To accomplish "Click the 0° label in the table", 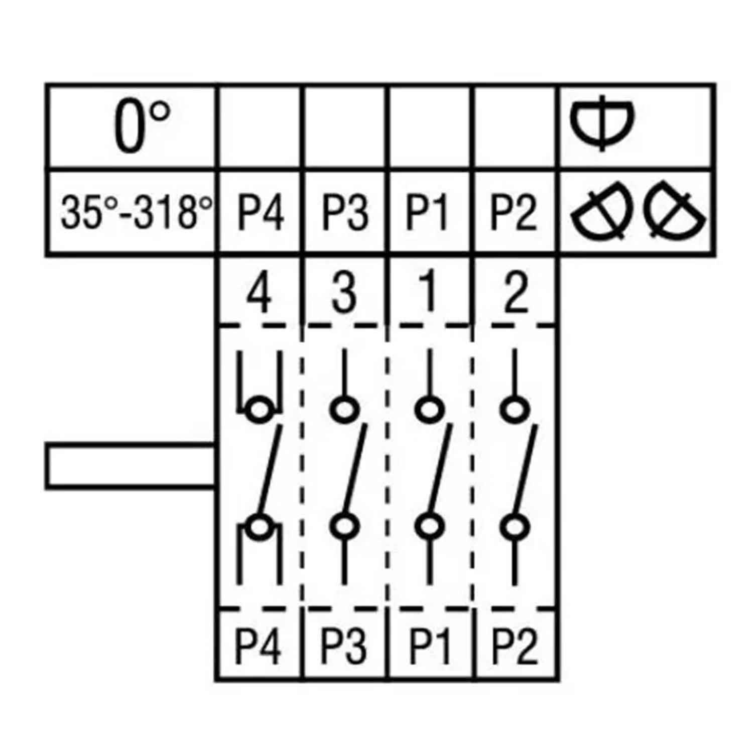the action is (142, 127).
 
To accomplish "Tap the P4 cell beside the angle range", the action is (260, 212).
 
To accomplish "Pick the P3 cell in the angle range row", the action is (345, 212).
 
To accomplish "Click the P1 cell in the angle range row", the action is (427, 212).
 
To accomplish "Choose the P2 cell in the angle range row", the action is (513, 212).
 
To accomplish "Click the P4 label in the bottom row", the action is (259, 646).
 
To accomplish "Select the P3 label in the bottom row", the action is (343, 646).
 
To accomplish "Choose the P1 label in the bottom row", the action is (430, 646).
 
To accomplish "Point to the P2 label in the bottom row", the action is (514, 646).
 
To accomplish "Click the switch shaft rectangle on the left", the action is (131, 466).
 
